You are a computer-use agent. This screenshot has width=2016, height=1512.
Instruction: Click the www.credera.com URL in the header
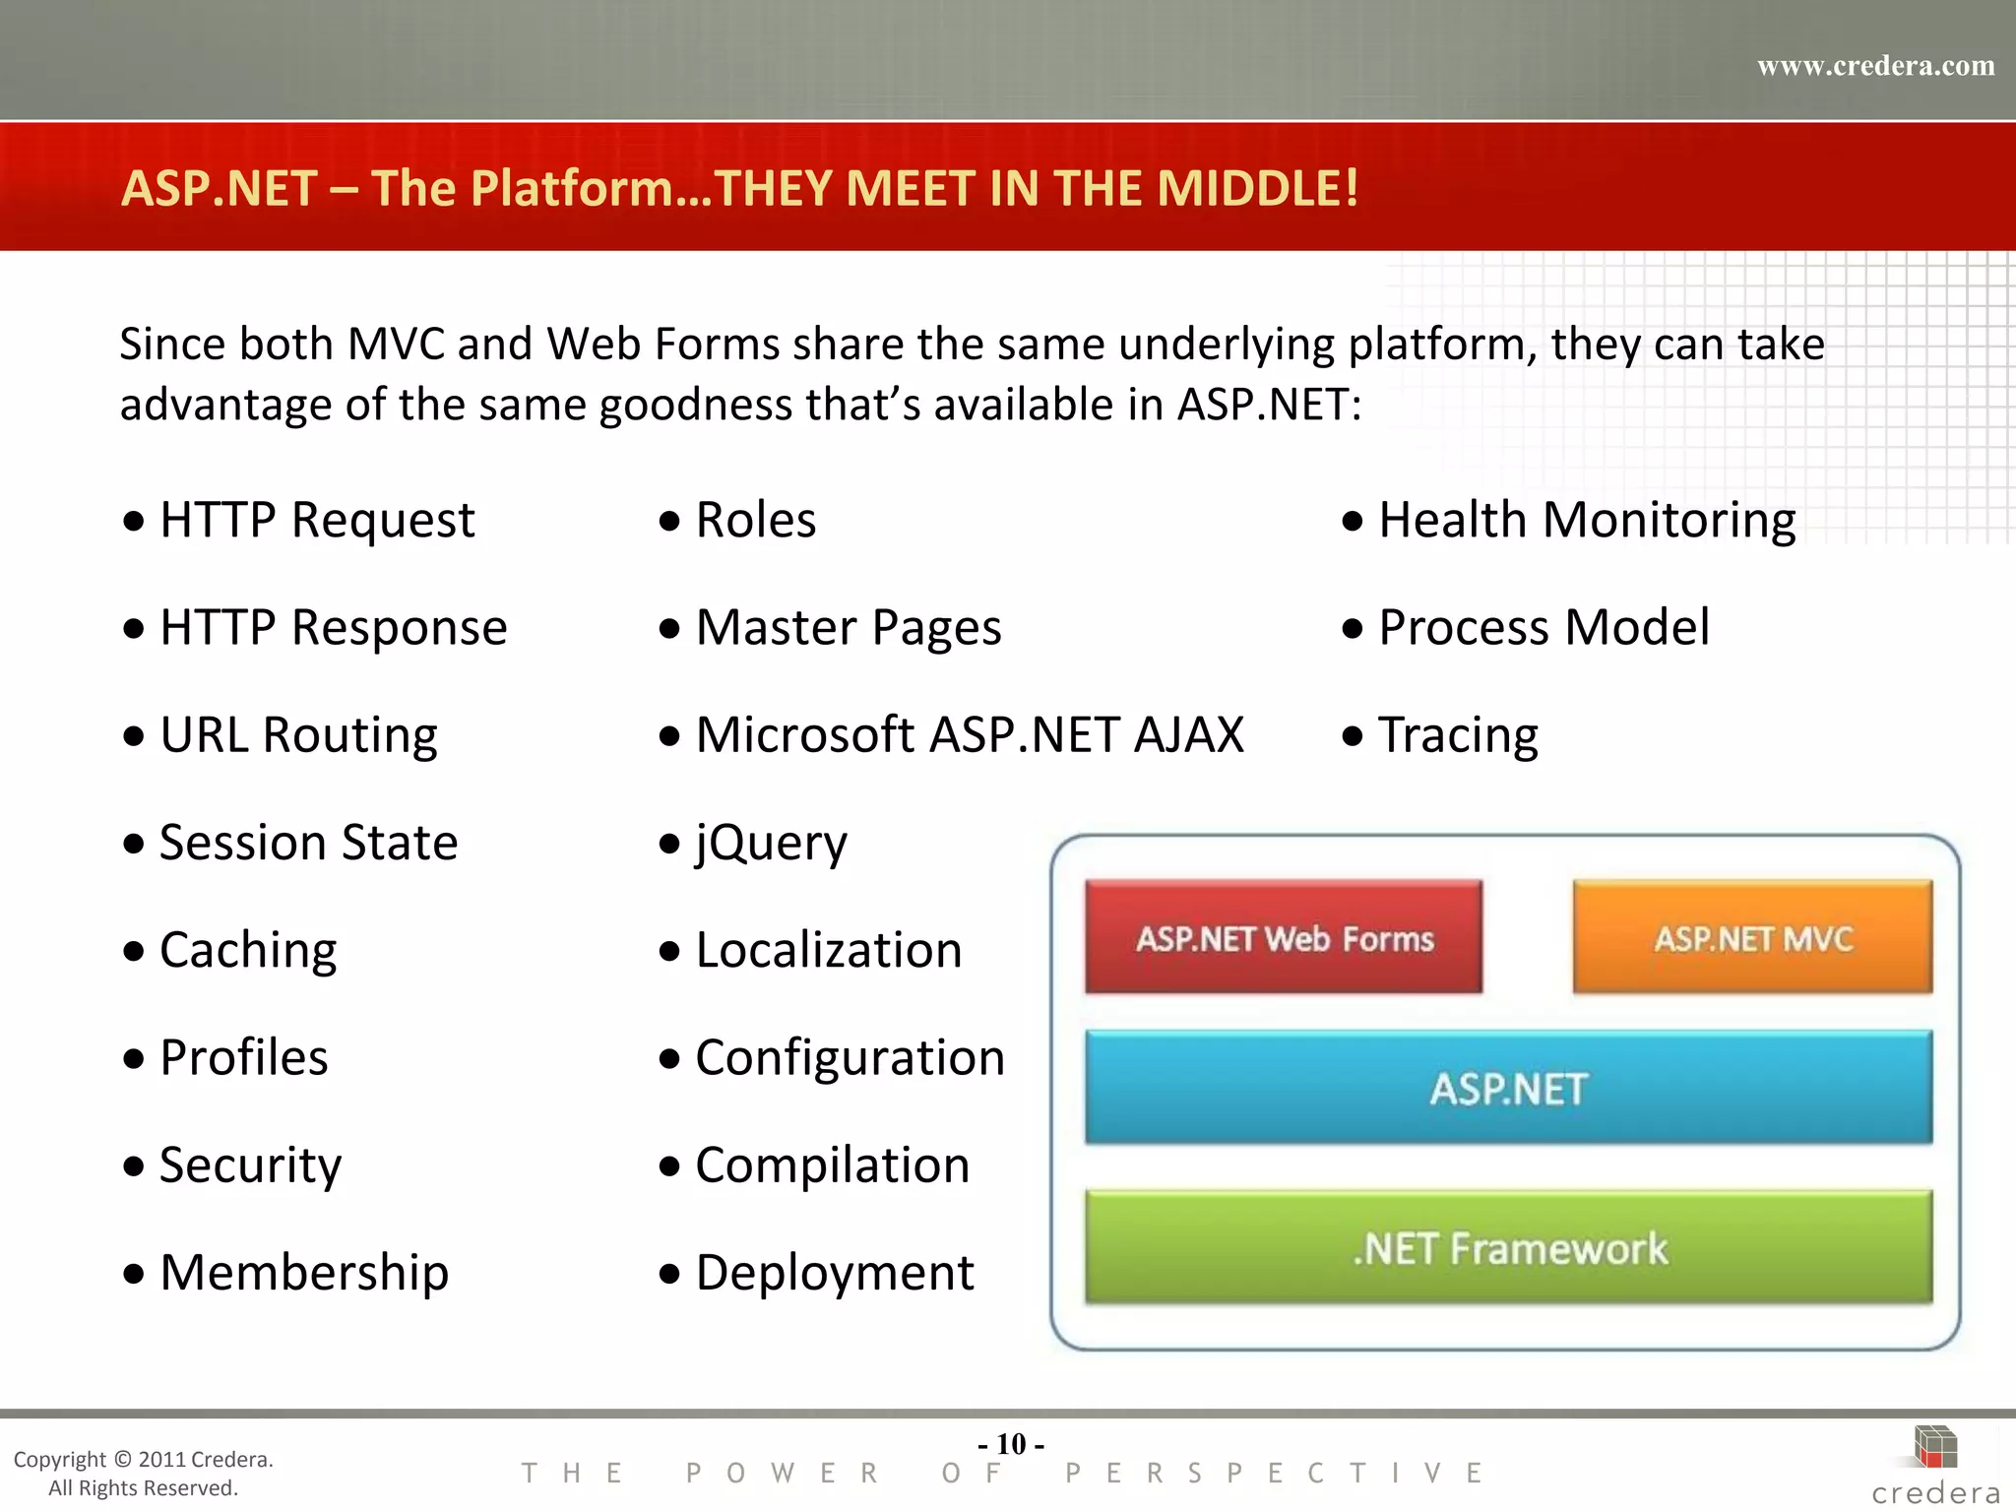(1875, 66)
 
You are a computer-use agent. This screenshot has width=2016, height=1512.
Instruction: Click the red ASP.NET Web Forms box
(1284, 937)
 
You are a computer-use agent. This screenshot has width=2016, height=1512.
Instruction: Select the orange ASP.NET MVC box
(1752, 937)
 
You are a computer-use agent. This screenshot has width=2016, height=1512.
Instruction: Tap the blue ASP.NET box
(1508, 1088)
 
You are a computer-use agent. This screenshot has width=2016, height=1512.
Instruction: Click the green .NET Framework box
(1508, 1247)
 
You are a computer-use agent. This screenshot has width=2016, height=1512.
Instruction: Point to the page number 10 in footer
(1011, 1444)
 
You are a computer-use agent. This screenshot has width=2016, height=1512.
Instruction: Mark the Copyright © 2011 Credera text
(143, 1460)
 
